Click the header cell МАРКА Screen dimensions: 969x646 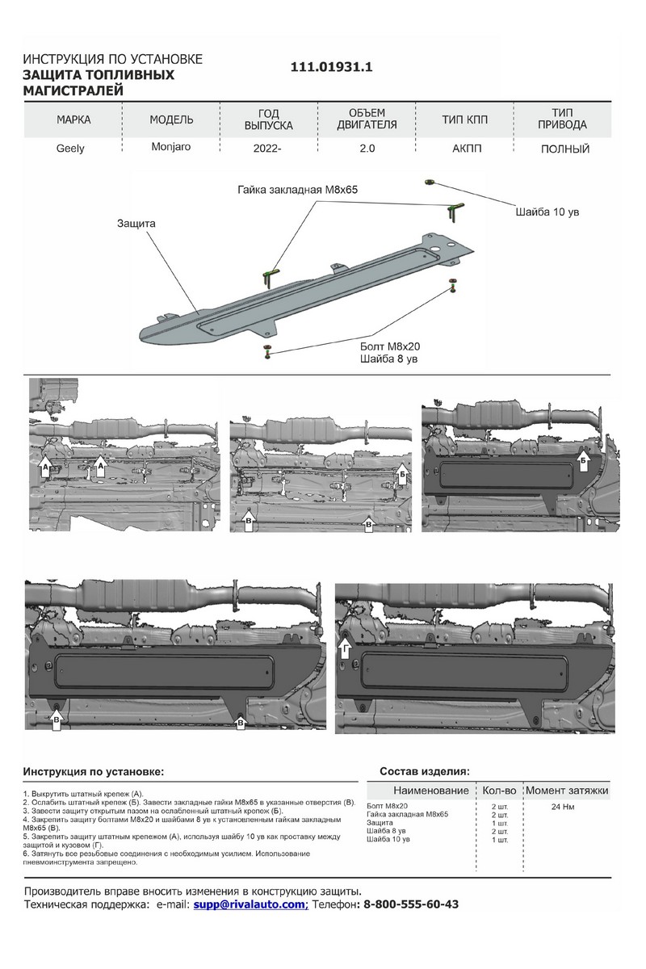click(73, 120)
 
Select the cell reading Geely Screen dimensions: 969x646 click(70, 149)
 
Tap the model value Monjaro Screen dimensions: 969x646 click(170, 148)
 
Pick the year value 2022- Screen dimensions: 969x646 click(269, 149)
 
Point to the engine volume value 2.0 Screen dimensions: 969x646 click(367, 149)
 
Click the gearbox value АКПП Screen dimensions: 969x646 click(465, 149)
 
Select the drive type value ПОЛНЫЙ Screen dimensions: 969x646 click(564, 149)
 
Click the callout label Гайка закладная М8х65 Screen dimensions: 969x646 click(297, 189)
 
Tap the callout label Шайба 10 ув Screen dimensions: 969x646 click(547, 212)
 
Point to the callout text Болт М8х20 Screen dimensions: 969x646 click(387, 346)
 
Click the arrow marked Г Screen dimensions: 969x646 click(345, 648)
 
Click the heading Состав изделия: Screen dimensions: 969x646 click(424, 772)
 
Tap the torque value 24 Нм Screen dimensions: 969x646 click(564, 807)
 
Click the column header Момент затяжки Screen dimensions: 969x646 click(567, 790)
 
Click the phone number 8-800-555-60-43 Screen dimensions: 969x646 click(412, 904)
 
